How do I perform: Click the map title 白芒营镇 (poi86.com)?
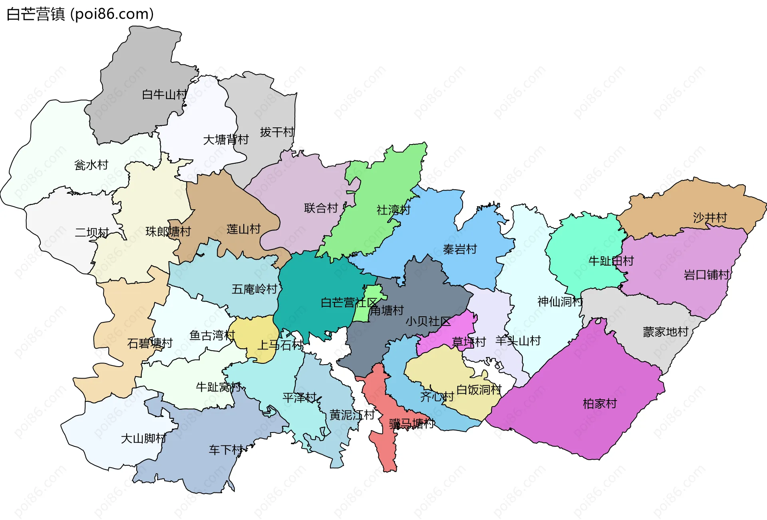coord(80,14)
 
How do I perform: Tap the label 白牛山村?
coord(164,95)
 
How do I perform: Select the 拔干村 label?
coord(277,132)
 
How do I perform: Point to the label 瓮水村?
coord(91,165)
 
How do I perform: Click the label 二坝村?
coord(92,232)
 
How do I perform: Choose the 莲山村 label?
coord(243,229)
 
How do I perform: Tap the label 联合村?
coord(321,208)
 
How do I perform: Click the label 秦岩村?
coord(460,250)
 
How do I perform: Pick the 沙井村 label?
coord(710,218)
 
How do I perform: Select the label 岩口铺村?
coord(707,275)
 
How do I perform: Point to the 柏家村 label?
coord(600,404)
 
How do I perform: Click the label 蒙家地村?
coord(666,332)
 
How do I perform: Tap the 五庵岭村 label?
coord(254,289)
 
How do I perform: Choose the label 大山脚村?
coord(143,439)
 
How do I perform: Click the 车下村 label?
coord(226,451)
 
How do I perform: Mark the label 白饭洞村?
coord(479,390)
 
